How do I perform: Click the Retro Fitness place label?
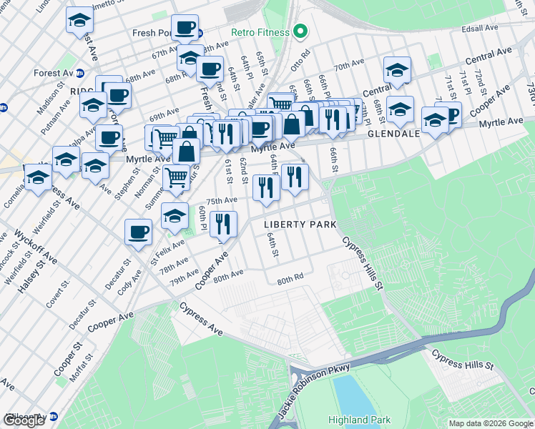[x=260, y=32]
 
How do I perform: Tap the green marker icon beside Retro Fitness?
[x=300, y=32]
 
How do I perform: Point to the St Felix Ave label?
[x=168, y=251]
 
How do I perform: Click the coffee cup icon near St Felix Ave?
[x=138, y=231]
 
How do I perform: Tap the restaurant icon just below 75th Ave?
[x=223, y=223]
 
